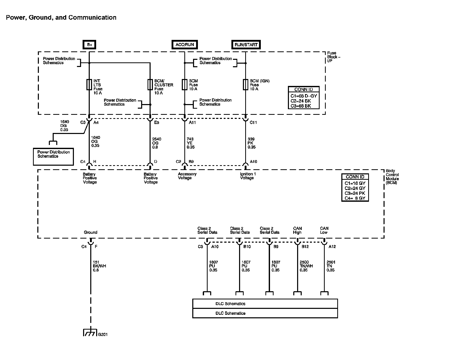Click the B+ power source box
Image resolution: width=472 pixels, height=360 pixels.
tap(89, 45)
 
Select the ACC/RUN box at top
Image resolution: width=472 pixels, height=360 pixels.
tap(185, 44)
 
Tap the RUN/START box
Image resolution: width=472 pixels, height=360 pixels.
tap(246, 45)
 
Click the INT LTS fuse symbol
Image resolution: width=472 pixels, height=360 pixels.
tap(89, 85)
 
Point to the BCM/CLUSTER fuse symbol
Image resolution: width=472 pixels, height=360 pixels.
tap(150, 85)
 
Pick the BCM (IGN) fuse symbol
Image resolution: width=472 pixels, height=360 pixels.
tap(245, 85)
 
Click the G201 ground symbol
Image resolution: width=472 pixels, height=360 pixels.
tap(90, 333)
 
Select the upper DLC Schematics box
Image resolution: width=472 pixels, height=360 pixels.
tap(265, 304)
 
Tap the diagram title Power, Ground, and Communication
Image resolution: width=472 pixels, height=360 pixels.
tap(61, 18)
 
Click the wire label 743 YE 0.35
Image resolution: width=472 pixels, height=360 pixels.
tap(191, 143)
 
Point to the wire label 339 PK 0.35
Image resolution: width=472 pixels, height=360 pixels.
tap(252, 143)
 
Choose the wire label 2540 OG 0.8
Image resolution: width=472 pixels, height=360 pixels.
tap(156, 143)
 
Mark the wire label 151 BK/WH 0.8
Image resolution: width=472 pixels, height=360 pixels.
tap(99, 266)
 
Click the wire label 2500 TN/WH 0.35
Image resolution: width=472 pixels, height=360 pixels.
tap(306, 266)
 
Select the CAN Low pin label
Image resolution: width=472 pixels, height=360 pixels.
tap(324, 230)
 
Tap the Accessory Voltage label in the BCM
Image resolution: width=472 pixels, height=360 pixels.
tap(187, 176)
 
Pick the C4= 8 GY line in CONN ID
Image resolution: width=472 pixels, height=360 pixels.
tap(355, 198)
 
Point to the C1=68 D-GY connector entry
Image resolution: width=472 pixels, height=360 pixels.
tap(304, 96)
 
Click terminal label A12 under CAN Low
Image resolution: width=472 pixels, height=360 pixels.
tap(332, 247)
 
